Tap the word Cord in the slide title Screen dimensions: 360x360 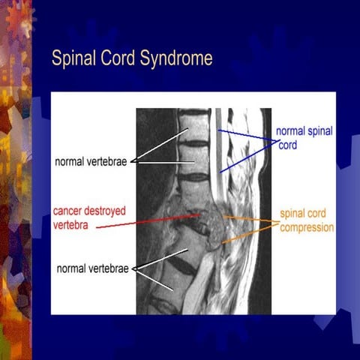click(x=117, y=58)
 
